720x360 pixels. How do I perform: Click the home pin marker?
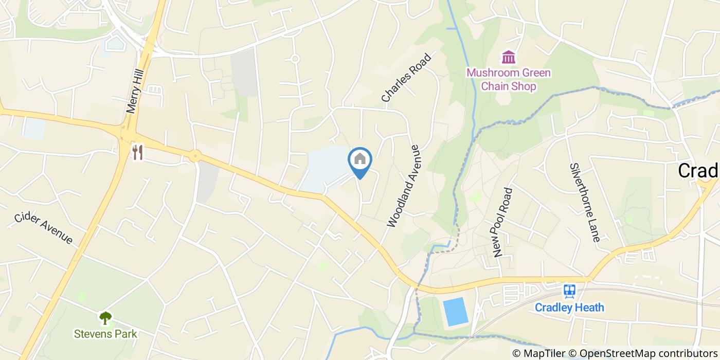pos(360,160)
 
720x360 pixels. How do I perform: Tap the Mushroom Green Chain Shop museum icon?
pos(509,57)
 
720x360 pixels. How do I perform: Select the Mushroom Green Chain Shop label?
pos(509,79)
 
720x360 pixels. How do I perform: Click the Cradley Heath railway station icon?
pos(569,291)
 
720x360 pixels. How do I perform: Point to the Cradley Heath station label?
pos(569,308)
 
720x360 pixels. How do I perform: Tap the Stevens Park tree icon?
pos(105,318)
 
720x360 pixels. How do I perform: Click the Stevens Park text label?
pos(105,334)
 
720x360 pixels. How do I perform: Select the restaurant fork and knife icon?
pos(137,152)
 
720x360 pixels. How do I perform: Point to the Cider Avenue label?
pos(43,227)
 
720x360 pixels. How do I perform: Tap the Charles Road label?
pos(406,77)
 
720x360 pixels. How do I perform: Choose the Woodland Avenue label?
pos(404,186)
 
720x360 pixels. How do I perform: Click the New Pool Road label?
pos(502,222)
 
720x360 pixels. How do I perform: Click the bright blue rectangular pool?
pos(456,312)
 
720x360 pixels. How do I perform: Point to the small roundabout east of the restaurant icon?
pos(195,155)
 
